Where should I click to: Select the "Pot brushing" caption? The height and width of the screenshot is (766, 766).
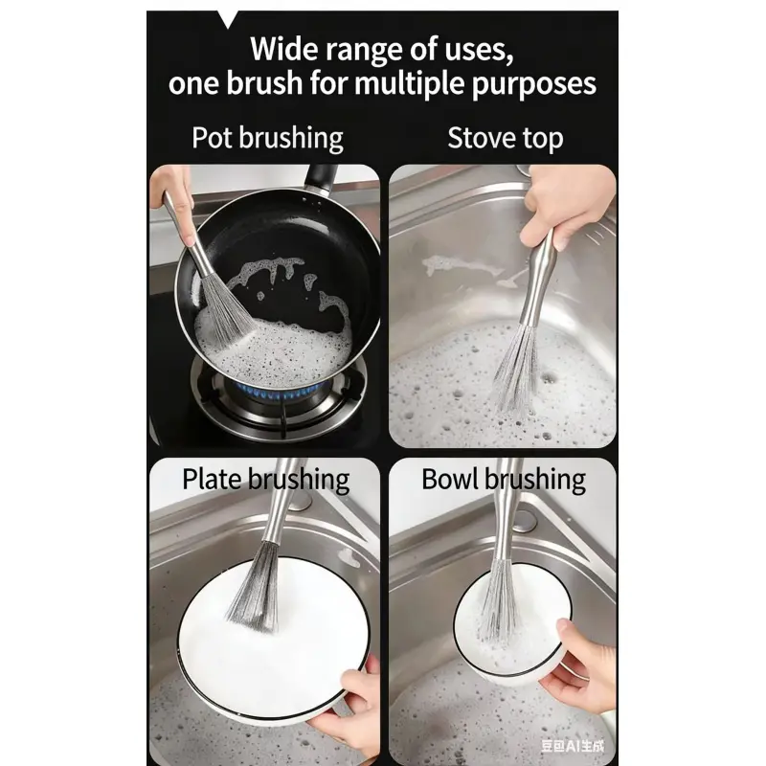267,138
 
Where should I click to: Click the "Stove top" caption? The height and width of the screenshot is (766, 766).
506,138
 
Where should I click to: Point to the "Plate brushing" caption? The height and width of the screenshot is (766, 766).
266,480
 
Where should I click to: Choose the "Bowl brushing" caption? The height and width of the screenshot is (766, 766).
504,480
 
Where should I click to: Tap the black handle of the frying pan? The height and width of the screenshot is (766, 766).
321,177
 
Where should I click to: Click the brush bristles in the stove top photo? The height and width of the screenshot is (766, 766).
516,372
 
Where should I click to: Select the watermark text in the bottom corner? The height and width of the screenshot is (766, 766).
573,746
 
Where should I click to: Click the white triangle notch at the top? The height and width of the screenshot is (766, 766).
227,18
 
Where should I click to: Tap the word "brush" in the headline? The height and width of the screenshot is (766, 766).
264,83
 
